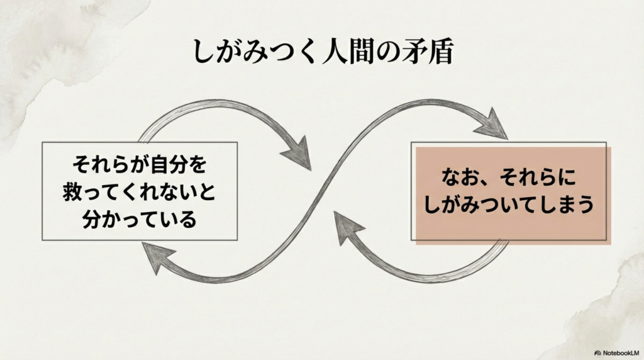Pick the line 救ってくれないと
tap(140, 193)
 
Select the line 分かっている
tap(140, 220)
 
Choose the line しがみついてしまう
tap(509, 205)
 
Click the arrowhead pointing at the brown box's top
tap(492, 125)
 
